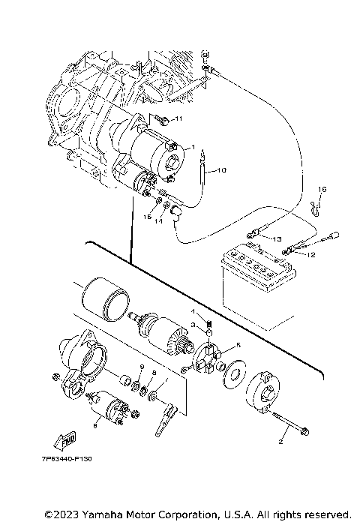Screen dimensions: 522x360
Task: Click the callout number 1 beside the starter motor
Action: [x=193, y=146]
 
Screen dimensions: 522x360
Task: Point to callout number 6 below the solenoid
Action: [x=95, y=425]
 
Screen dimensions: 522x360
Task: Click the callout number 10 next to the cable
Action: [x=221, y=171]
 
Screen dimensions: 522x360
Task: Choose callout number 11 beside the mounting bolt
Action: [x=178, y=119]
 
